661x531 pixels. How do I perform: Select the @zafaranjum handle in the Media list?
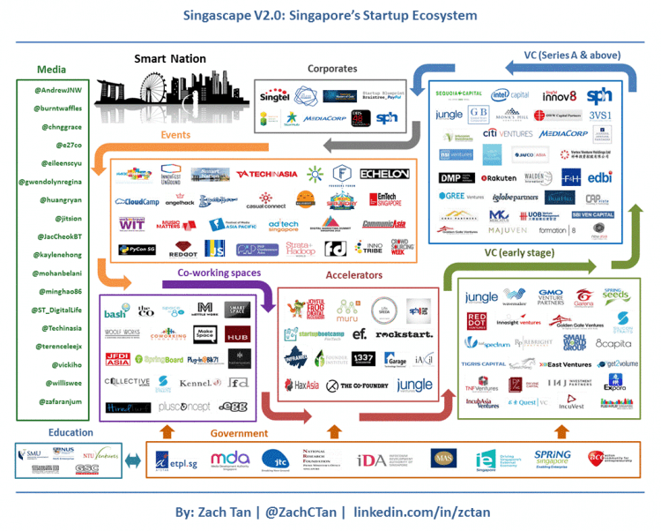tap(51, 401)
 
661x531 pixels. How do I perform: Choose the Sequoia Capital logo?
tap(462, 93)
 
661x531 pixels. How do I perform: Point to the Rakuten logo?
tap(499, 177)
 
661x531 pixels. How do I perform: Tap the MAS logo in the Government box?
tap(444, 458)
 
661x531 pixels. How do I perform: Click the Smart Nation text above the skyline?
tap(169, 59)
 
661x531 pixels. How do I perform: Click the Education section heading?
tap(71, 432)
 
